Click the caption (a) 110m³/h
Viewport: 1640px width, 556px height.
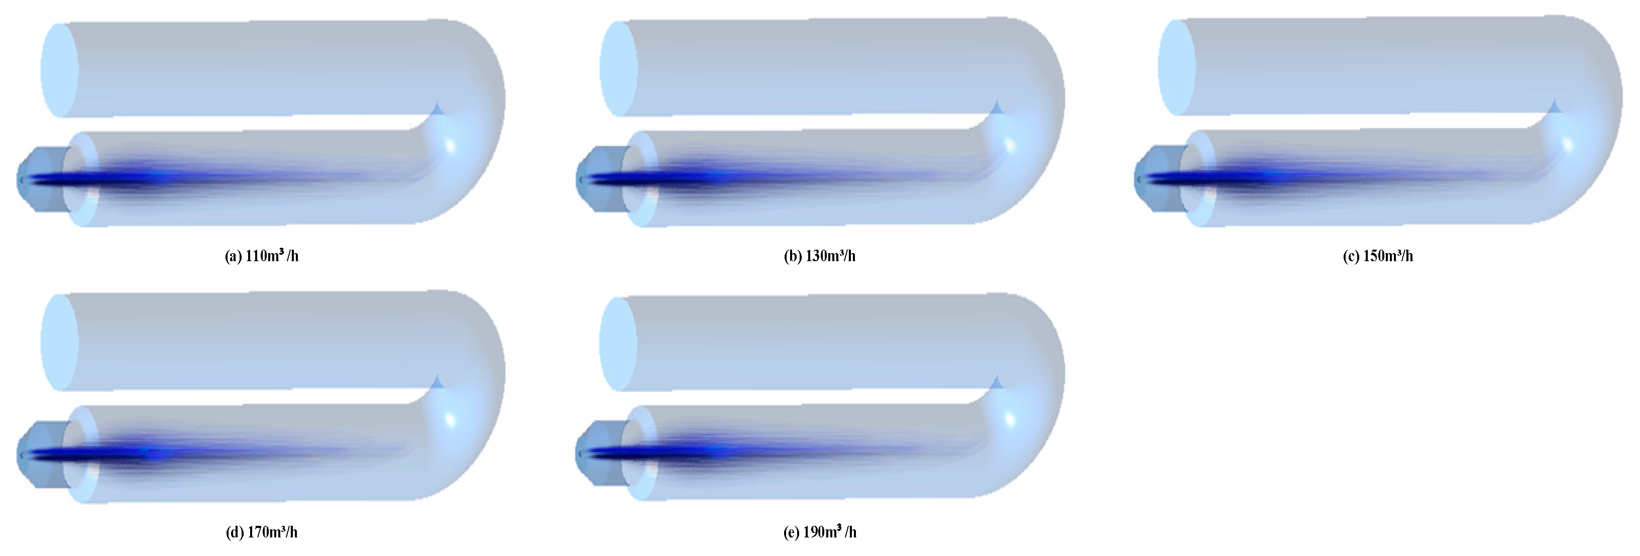coord(262,256)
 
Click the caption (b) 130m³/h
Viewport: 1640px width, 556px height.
coord(819,256)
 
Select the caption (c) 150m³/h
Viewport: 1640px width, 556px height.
coord(1378,256)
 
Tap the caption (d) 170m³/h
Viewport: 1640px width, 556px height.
coord(262,532)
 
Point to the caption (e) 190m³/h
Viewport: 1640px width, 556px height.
coord(819,532)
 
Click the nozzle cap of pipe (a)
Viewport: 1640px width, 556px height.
coord(40,180)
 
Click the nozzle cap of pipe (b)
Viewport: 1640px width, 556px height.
coord(598,180)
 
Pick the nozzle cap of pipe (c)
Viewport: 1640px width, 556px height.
coord(1157,178)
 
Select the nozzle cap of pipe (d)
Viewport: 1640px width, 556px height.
coord(40,455)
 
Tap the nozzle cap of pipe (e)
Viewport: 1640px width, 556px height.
coord(598,454)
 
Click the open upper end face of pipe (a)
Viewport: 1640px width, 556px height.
coord(59,70)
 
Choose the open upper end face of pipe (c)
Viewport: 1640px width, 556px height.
coord(1176,67)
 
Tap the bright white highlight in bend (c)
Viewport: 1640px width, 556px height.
coord(1568,144)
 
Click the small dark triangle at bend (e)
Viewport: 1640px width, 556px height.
coord(997,383)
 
